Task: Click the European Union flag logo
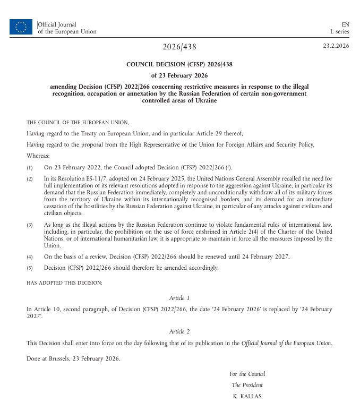[21, 27]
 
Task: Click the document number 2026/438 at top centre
[179, 47]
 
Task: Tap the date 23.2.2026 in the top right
[336, 46]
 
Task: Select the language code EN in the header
[345, 24]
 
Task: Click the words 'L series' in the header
[340, 31]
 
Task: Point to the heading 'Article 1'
[179, 298]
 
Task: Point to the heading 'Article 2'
[179, 331]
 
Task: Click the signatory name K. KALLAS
[247, 396]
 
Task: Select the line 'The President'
[247, 385]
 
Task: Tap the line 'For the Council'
[247, 374]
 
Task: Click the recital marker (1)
[30, 167]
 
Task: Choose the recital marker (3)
[30, 225]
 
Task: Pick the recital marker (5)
[30, 268]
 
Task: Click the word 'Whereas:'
[38, 156]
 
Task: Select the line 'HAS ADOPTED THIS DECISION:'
[64, 282]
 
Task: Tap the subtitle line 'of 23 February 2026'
[179, 75]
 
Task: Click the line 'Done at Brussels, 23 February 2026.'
[73, 358]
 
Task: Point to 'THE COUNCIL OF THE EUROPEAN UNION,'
[78, 122]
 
